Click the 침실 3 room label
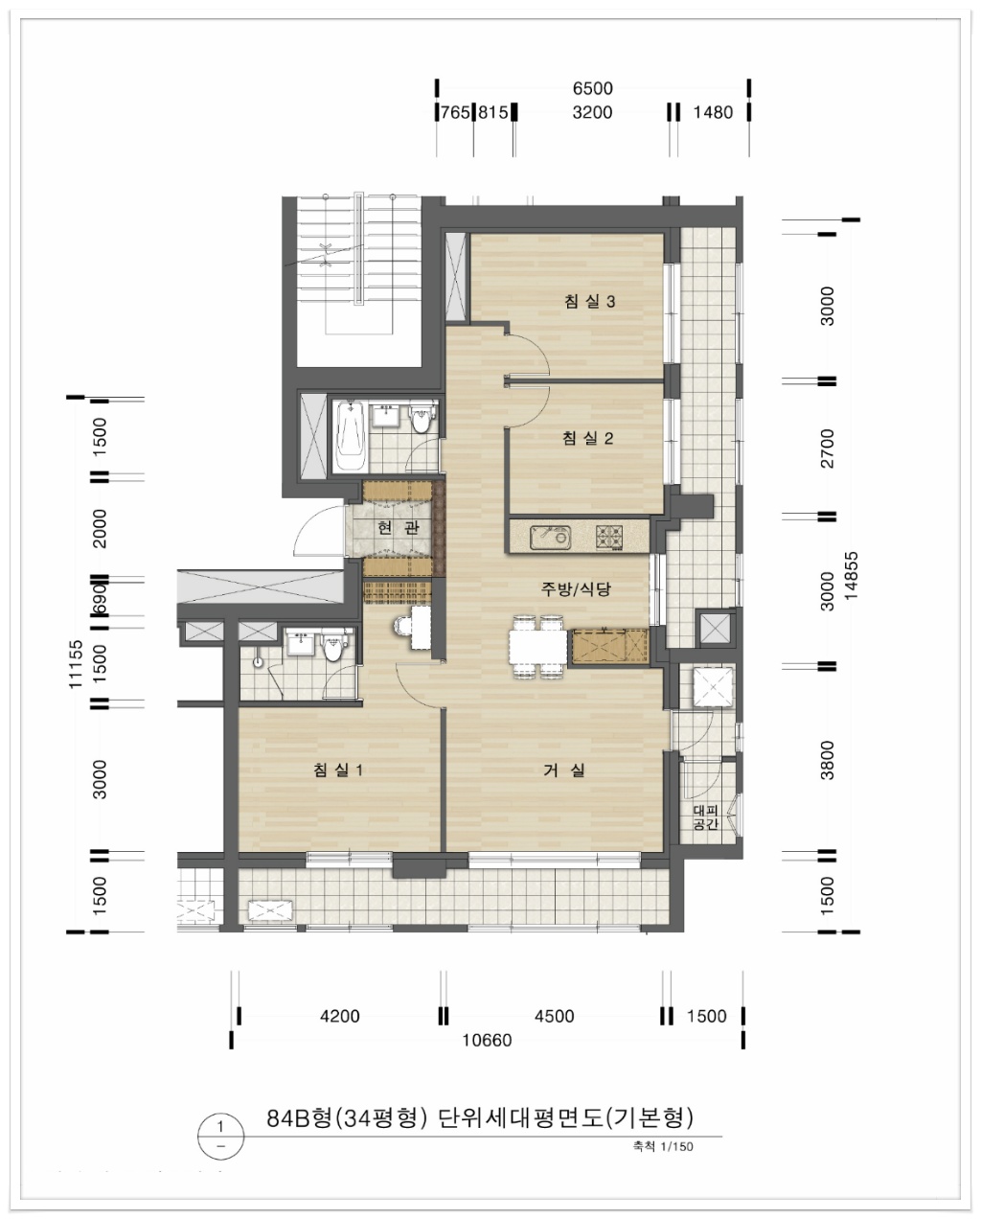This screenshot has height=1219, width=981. [589, 301]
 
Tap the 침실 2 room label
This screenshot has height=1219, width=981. [588, 438]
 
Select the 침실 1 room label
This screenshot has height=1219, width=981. [338, 770]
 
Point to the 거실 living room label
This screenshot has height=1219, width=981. [564, 770]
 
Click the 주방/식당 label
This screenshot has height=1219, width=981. [576, 589]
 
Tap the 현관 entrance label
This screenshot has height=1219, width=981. [399, 527]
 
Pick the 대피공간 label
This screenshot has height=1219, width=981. [706, 817]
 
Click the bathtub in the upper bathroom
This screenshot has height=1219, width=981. [350, 436]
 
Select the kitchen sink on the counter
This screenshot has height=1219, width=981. [550, 538]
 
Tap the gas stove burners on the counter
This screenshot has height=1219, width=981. [609, 537]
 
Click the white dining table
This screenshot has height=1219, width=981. [538, 647]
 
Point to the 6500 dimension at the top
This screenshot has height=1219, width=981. [592, 88]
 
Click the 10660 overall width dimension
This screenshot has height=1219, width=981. [487, 1040]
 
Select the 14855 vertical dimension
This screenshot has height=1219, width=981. [851, 576]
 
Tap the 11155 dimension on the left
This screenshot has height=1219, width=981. [76, 664]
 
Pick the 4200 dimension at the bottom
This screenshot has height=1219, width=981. [340, 1016]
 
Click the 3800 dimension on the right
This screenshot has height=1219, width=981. [827, 760]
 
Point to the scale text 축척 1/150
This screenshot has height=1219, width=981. [663, 1146]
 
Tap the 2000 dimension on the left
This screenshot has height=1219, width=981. [99, 528]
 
